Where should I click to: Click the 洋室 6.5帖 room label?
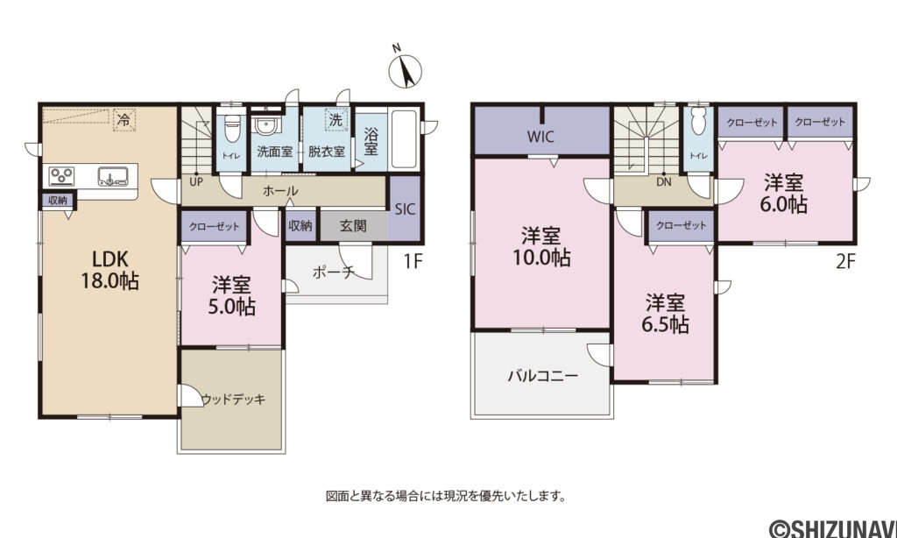point(667,314)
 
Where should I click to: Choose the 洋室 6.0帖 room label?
point(784,194)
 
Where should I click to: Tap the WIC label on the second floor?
point(540,137)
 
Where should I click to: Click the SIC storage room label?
point(404,209)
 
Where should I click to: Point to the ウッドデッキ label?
point(232,399)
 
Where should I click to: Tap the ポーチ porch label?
point(333,272)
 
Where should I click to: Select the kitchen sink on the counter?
point(112,175)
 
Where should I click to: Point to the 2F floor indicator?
point(844,260)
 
